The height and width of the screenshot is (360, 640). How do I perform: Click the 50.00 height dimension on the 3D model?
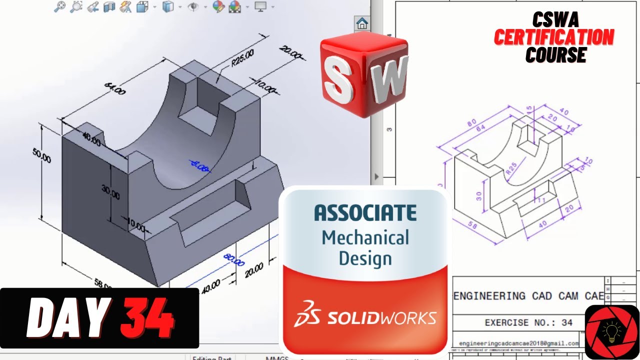tap(42, 156)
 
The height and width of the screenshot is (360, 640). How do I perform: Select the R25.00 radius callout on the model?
tap(242, 57)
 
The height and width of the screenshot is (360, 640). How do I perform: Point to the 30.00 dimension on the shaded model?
tap(110, 192)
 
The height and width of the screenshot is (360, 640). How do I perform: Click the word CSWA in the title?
tap(555, 20)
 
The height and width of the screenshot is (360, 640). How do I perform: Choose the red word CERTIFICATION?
tap(554, 37)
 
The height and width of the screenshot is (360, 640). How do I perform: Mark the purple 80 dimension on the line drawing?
tap(469, 122)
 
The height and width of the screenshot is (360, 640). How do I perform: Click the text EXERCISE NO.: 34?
tap(528, 322)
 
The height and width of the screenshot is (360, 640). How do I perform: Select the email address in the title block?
tap(519, 343)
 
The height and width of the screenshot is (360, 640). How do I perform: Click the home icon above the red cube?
tap(362, 23)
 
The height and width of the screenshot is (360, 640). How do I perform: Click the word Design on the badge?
tap(365, 258)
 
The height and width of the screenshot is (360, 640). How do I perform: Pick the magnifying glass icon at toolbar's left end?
tap(59, 6)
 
